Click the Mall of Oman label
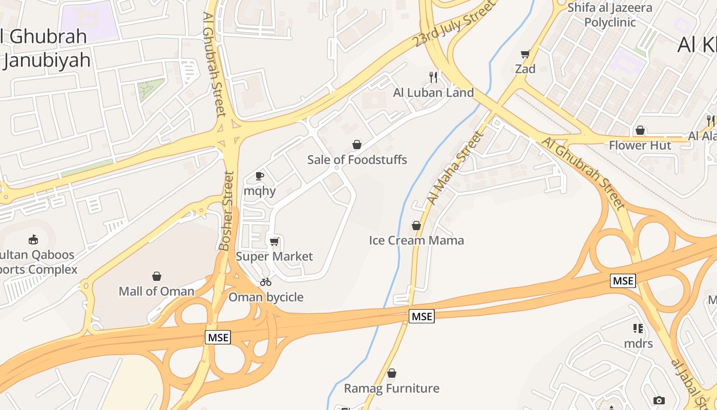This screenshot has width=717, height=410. click(157, 291)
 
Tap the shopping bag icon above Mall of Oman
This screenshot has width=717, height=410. click(157, 277)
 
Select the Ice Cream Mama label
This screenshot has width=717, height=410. click(416, 240)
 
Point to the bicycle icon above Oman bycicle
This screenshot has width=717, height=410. click(265, 282)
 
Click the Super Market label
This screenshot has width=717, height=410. click(274, 256)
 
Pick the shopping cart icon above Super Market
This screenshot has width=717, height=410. click(274, 241)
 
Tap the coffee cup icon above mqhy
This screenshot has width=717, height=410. click(260, 176)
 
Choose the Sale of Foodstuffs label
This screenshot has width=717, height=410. click(357, 160)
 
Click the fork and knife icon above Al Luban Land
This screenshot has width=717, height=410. click(434, 77)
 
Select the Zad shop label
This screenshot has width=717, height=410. click(525, 69)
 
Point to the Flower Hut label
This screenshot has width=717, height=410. click(640, 146)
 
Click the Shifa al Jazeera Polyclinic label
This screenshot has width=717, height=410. click(610, 15)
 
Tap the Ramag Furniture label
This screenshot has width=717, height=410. click(391, 388)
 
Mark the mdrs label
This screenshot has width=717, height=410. click(638, 343)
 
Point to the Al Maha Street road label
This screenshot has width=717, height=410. click(455, 168)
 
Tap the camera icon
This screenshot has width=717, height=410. click(659, 400)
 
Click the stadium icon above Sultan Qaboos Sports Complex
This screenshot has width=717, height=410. click(33, 239)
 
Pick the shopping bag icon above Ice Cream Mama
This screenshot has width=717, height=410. click(416, 225)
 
